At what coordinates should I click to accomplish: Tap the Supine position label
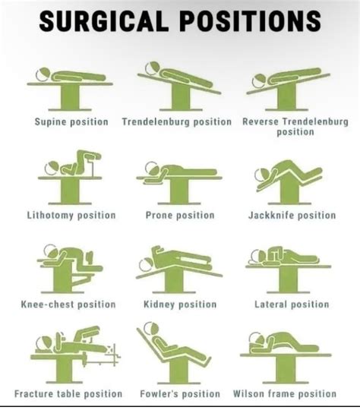71,122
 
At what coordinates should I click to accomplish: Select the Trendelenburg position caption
177,122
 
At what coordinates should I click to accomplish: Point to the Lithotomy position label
70,216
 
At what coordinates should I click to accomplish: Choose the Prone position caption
180,216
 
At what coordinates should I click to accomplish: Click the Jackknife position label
292,216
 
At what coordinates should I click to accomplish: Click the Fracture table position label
68,394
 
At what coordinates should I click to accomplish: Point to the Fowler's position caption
180,394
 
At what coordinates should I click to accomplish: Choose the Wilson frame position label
285,394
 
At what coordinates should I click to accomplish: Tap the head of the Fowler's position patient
152,329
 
